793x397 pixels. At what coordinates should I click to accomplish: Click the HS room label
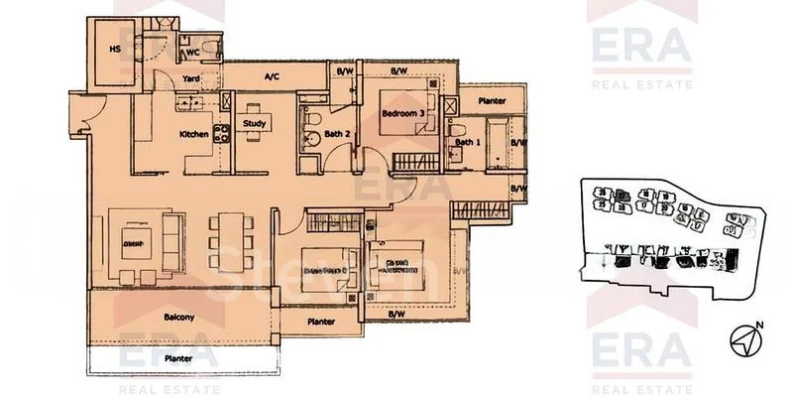114,47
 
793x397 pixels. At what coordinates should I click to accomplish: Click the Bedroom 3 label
403,114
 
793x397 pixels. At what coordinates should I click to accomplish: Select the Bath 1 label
467,143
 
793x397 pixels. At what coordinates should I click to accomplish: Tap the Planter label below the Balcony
178,357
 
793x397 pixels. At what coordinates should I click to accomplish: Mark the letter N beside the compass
760,326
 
